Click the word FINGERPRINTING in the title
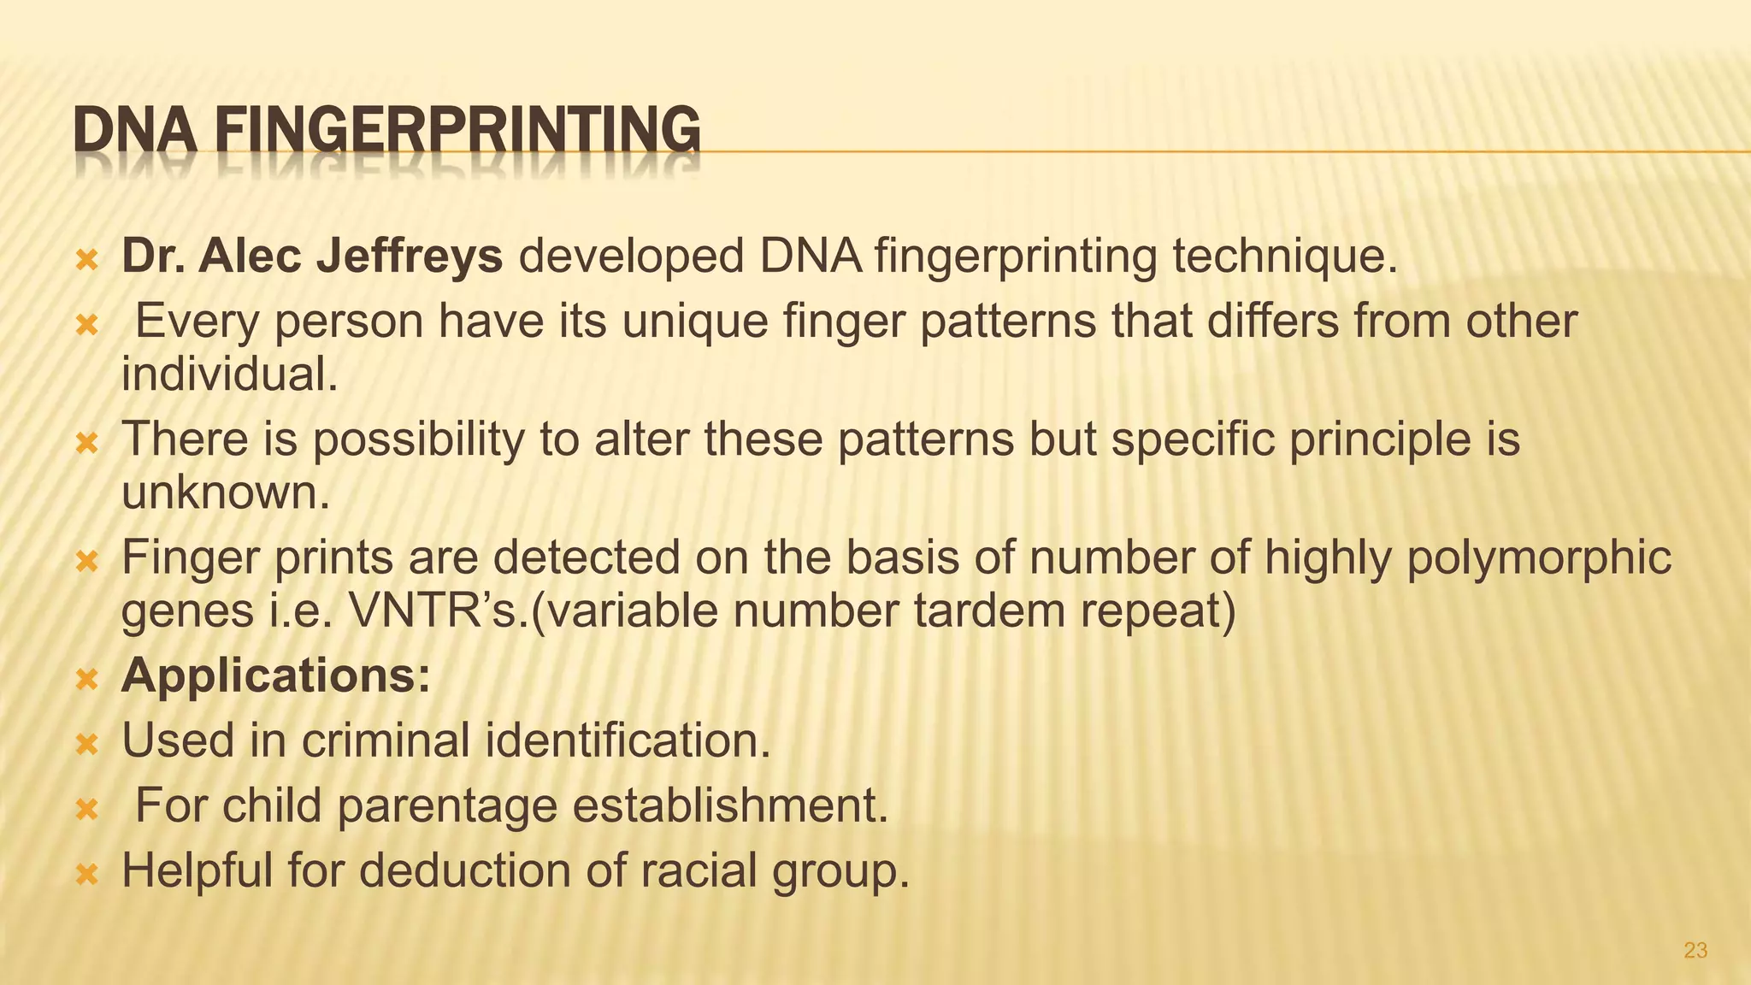coord(457,131)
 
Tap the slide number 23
coord(1695,950)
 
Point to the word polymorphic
coord(1538,557)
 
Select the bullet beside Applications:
coord(87,679)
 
